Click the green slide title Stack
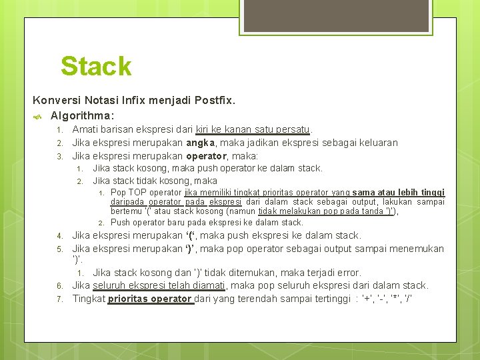96,66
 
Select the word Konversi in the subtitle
55,101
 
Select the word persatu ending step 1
293,129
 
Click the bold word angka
200,142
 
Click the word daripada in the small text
128,202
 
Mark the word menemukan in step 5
417,249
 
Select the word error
348,273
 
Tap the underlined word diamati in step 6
209,285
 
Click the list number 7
59,299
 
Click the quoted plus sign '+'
367,299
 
